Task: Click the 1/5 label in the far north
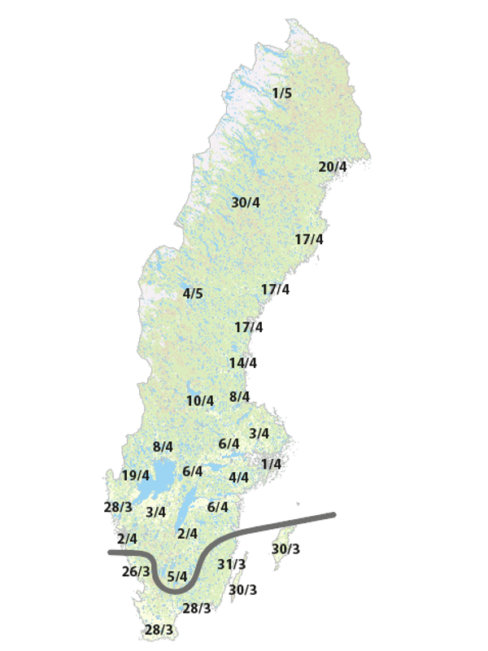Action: coord(282,94)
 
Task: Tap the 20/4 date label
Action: coord(333,167)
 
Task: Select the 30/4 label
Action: coord(246,203)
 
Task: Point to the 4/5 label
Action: coord(193,294)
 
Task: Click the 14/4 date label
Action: coord(242,363)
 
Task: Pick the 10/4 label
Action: coord(200,400)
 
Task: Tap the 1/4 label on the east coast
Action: coord(271,464)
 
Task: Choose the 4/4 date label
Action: coord(238,478)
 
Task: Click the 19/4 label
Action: coord(136,475)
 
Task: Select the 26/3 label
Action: coord(136,571)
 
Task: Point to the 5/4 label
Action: coord(177,577)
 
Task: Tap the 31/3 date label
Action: coord(233,564)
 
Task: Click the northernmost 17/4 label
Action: coord(309,239)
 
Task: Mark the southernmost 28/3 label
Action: coord(159,630)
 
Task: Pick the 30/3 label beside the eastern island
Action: coord(285,548)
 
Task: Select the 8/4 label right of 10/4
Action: coord(240,397)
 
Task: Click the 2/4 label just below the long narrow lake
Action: coord(187,534)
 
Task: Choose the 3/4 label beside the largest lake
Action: coord(155,513)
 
